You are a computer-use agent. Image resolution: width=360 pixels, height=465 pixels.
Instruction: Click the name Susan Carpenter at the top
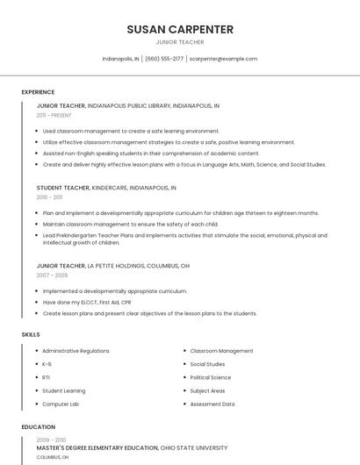click(180, 29)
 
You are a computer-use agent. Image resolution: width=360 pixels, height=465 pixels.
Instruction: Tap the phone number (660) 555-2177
click(164, 59)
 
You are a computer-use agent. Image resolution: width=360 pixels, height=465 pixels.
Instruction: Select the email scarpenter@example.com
click(223, 59)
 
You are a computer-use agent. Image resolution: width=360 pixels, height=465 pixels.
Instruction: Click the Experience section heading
click(38, 92)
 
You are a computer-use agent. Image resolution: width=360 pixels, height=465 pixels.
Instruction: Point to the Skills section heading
click(31, 334)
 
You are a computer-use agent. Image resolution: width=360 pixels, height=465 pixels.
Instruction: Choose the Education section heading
click(38, 427)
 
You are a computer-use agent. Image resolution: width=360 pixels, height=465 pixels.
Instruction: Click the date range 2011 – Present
click(54, 115)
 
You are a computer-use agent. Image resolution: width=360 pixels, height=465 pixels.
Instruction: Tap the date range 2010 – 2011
click(49, 197)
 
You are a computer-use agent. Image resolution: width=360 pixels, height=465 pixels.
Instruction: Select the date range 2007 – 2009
click(52, 275)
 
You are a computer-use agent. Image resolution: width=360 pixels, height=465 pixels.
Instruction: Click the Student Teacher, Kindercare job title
click(106, 188)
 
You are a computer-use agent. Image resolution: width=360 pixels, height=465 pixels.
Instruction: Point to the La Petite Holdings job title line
click(112, 266)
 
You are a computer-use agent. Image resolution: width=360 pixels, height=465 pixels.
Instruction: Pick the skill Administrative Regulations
click(76, 351)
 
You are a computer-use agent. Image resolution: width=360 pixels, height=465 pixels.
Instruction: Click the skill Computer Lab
click(61, 404)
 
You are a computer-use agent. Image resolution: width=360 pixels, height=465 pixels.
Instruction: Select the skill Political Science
click(211, 377)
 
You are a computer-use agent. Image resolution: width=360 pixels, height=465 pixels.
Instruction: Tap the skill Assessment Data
click(212, 404)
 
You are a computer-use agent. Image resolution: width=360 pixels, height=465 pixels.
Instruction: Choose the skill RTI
click(46, 377)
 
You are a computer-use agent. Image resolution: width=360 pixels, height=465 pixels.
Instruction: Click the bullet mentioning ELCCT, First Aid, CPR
click(81, 303)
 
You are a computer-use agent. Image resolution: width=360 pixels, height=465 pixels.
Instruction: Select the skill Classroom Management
click(221, 351)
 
